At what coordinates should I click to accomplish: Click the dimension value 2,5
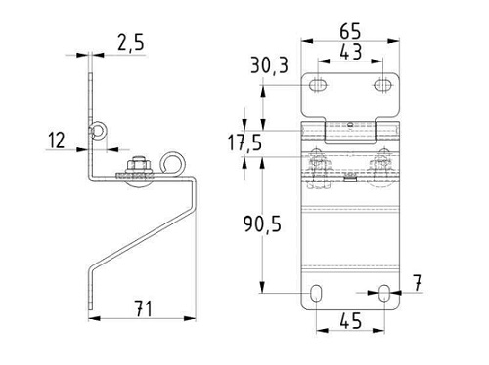pos(131,43)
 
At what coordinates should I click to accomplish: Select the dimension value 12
pos(57,141)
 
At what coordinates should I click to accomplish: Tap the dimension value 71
pos(144,308)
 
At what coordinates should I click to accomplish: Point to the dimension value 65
pos(350,31)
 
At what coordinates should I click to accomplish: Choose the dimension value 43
pos(351,52)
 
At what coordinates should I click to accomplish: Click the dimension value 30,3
pos(270,65)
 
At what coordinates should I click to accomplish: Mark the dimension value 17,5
pos(244,142)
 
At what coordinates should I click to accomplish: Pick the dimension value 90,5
pos(262,223)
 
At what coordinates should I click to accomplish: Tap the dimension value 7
pos(417,283)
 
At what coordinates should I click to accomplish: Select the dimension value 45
pos(351,321)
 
